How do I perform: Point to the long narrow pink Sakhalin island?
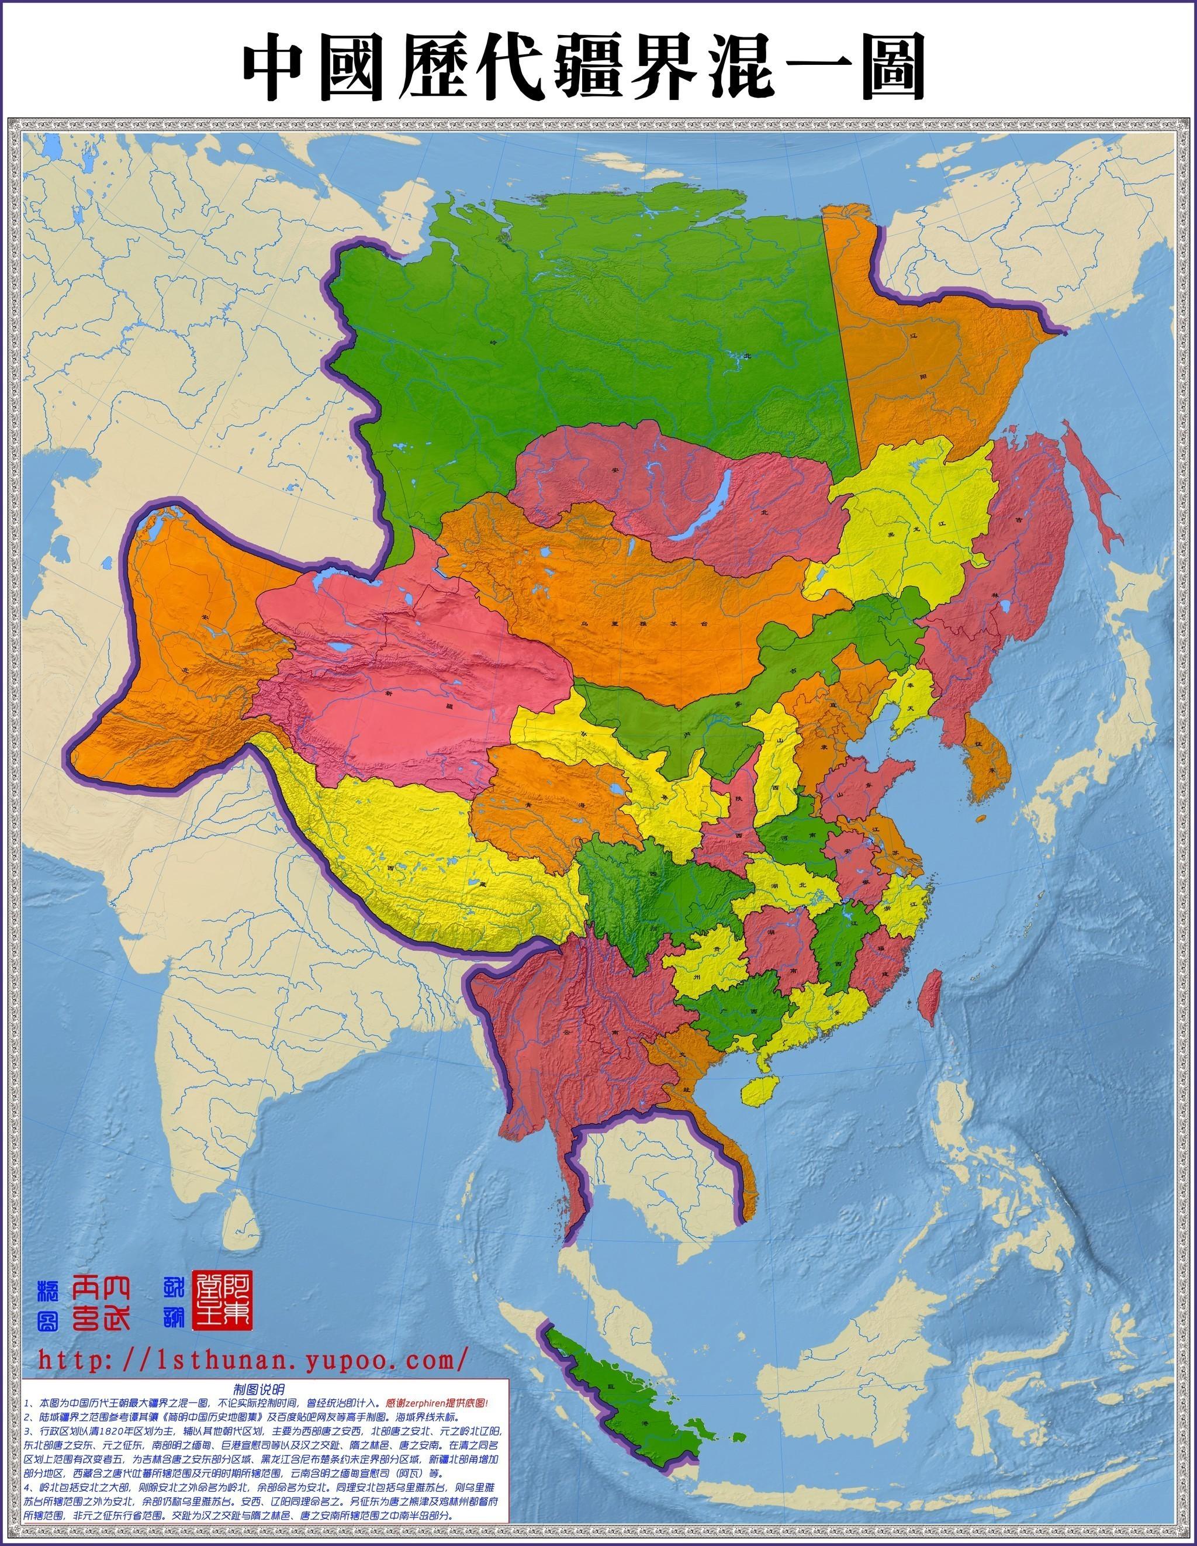pos(1089,488)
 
